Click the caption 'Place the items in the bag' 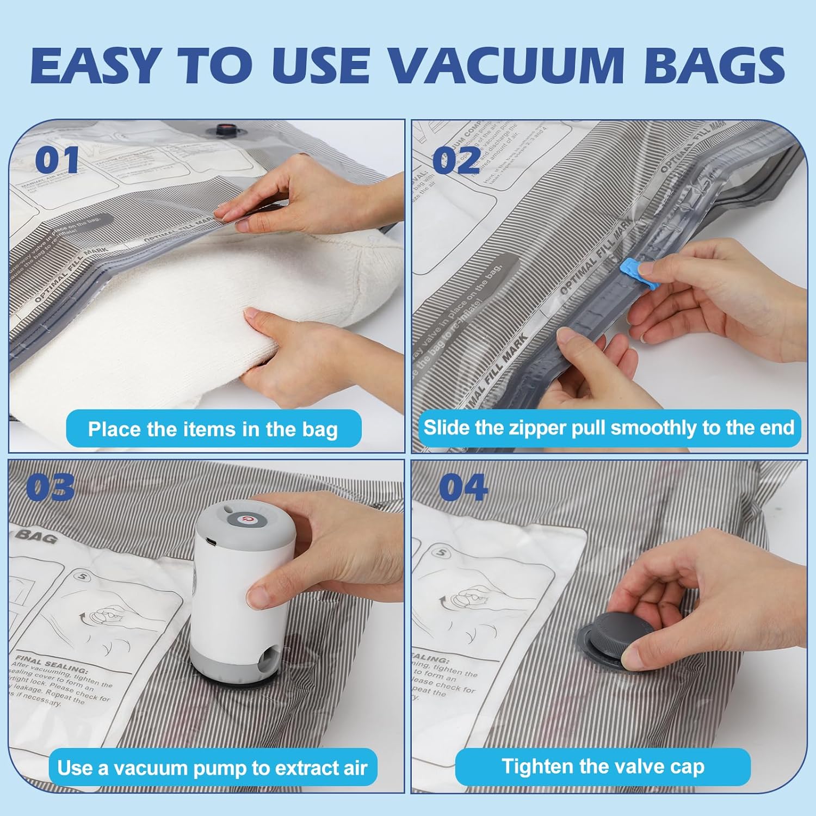click(x=213, y=429)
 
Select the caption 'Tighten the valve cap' click(x=603, y=766)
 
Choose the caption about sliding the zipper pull click(x=609, y=428)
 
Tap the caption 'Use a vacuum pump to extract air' click(x=213, y=768)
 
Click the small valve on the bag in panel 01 click(x=224, y=130)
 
